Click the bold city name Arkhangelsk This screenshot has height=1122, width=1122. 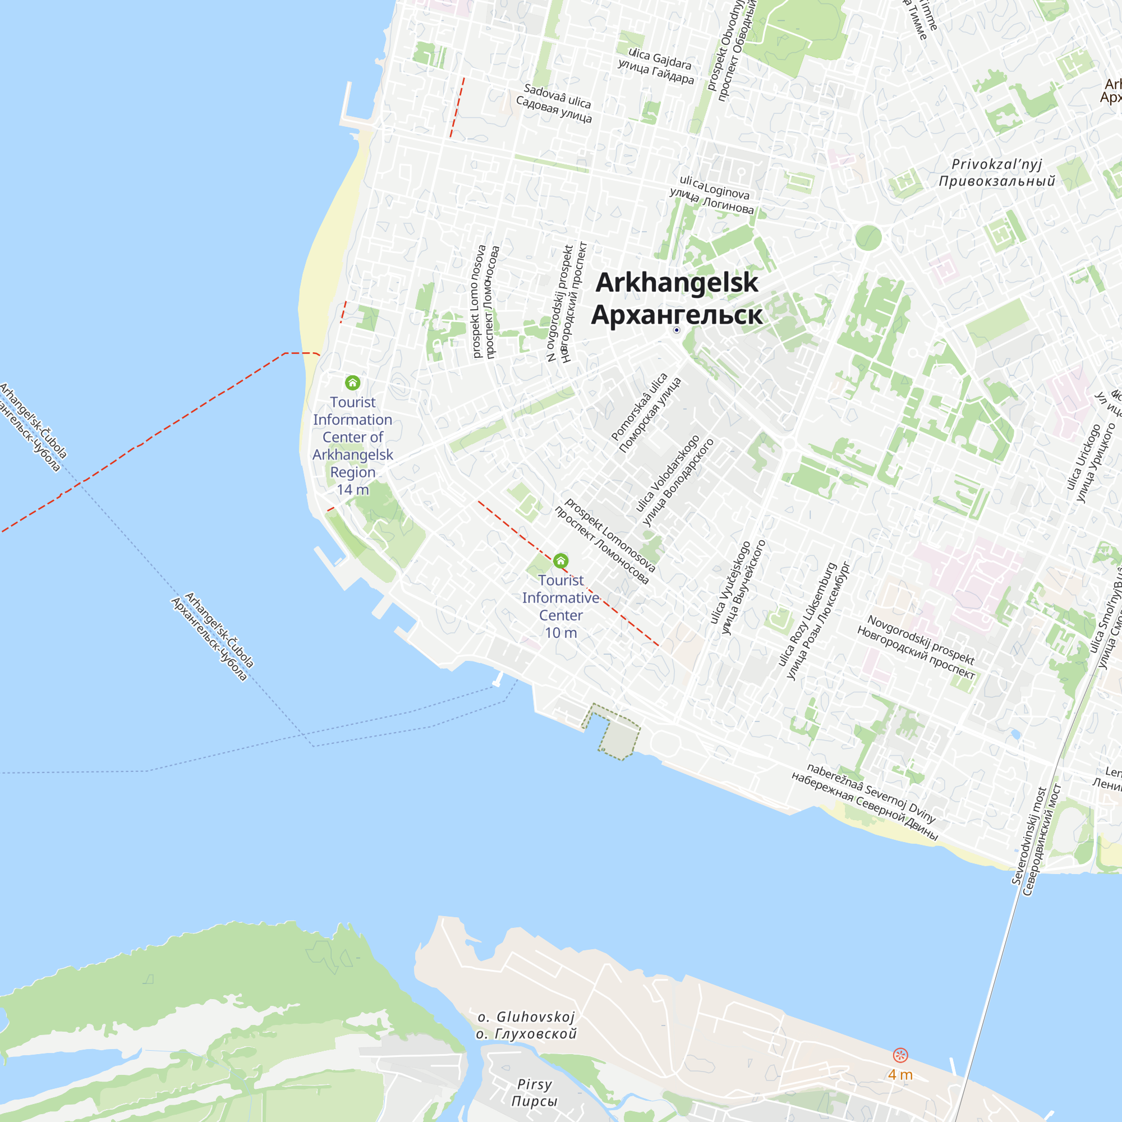click(677, 283)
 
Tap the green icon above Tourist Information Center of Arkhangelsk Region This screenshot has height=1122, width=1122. click(352, 383)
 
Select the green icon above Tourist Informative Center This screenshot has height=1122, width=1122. click(560, 560)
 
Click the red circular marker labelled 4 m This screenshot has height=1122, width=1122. click(900, 1055)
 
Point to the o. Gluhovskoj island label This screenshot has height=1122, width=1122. click(526, 1025)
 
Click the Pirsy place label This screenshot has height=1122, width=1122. click(534, 1092)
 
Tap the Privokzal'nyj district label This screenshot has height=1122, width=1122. click(996, 172)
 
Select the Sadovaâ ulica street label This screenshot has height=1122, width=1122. click(556, 103)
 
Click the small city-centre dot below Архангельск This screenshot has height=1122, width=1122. click(677, 330)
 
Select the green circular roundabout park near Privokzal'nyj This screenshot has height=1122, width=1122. click(868, 237)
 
